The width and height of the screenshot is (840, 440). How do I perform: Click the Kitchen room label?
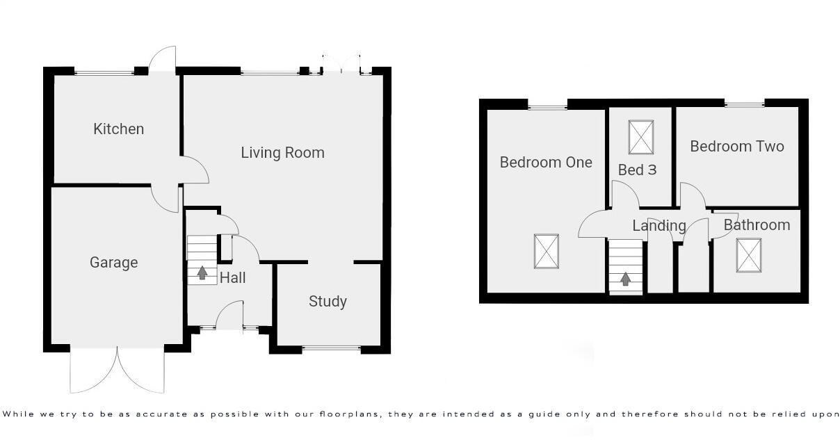pos(119,129)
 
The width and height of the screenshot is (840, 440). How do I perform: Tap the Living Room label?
pos(282,153)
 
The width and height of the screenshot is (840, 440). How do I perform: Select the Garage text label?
pos(113,263)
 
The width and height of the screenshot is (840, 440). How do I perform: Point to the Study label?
pos(328,302)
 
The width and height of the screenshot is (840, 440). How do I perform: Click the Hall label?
pos(232,278)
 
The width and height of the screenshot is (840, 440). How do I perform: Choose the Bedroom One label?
pos(546,163)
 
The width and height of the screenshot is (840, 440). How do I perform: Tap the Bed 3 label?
pos(637,170)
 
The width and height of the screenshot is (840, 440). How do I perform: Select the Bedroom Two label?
pos(736,147)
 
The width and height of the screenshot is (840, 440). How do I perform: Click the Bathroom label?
pos(757,225)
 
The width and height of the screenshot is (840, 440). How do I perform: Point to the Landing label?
pos(659,226)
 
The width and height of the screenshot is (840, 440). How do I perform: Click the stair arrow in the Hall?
pos(202,272)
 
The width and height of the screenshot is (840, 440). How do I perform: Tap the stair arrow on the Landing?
pos(625,279)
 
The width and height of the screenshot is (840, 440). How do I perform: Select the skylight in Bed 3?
pos(641,137)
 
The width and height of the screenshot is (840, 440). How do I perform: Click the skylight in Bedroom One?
pos(547,251)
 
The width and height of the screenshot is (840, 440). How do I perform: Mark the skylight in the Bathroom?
pos(749,255)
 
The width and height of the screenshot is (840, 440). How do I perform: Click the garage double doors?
pos(118,368)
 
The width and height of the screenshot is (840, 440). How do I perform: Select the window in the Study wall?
pos(331,349)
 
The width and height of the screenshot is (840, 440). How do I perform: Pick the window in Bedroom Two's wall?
pos(745,104)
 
